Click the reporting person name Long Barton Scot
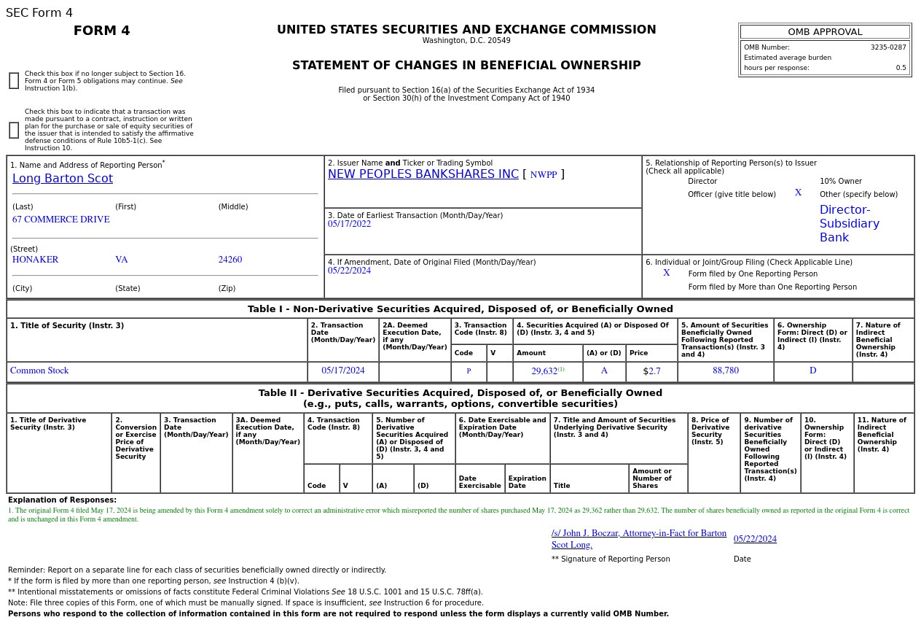pyautogui.click(x=63, y=179)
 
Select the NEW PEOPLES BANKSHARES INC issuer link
pyautogui.click(x=423, y=174)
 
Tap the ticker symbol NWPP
pyautogui.click(x=543, y=175)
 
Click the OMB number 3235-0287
pyautogui.click(x=887, y=47)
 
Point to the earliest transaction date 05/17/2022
pyautogui.click(x=349, y=224)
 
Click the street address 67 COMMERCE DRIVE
pyautogui.click(x=61, y=220)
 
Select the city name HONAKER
pyautogui.click(x=35, y=260)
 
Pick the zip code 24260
pyautogui.click(x=230, y=260)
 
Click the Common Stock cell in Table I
pyautogui.click(x=39, y=371)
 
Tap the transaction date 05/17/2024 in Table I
pyautogui.click(x=342, y=371)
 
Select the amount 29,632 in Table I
pyautogui.click(x=544, y=371)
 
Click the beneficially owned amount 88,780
pyautogui.click(x=726, y=371)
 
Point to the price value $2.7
pyautogui.click(x=652, y=371)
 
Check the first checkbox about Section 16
pyautogui.click(x=14, y=81)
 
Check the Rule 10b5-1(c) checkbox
pyautogui.click(x=14, y=131)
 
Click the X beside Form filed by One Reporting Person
pyautogui.click(x=666, y=273)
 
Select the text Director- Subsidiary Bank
pyautogui.click(x=849, y=224)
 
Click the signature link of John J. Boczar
pyautogui.click(x=638, y=539)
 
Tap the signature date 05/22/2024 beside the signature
pyautogui.click(x=755, y=539)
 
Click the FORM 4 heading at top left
pyautogui.click(x=102, y=31)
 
